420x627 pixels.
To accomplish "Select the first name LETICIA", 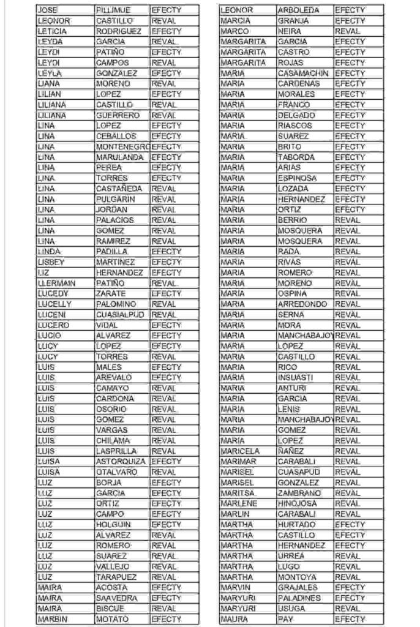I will pyautogui.click(x=52, y=31).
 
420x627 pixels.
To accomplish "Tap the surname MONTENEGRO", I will pyautogui.click(x=122, y=147).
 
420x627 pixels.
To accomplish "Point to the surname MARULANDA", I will pyautogui.click(x=119, y=157).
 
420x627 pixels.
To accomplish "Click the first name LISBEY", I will pyautogui.click(x=51, y=262).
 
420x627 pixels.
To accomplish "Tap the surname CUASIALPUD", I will pyautogui.click(x=119, y=315).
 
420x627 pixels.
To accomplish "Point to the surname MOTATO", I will pyautogui.click(x=112, y=619).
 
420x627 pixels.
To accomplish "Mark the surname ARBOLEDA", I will pyautogui.click(x=298, y=10).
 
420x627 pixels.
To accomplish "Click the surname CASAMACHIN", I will pyautogui.click(x=303, y=73).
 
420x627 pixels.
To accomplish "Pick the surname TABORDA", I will pyautogui.click(x=296, y=157).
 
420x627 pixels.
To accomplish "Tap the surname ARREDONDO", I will pyautogui.click(x=302, y=304).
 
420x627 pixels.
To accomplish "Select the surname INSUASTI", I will pyautogui.click(x=295, y=378).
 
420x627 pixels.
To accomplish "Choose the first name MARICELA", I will pyautogui.click(x=239, y=451).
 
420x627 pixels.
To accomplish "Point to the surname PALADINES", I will pyautogui.click(x=299, y=598).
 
